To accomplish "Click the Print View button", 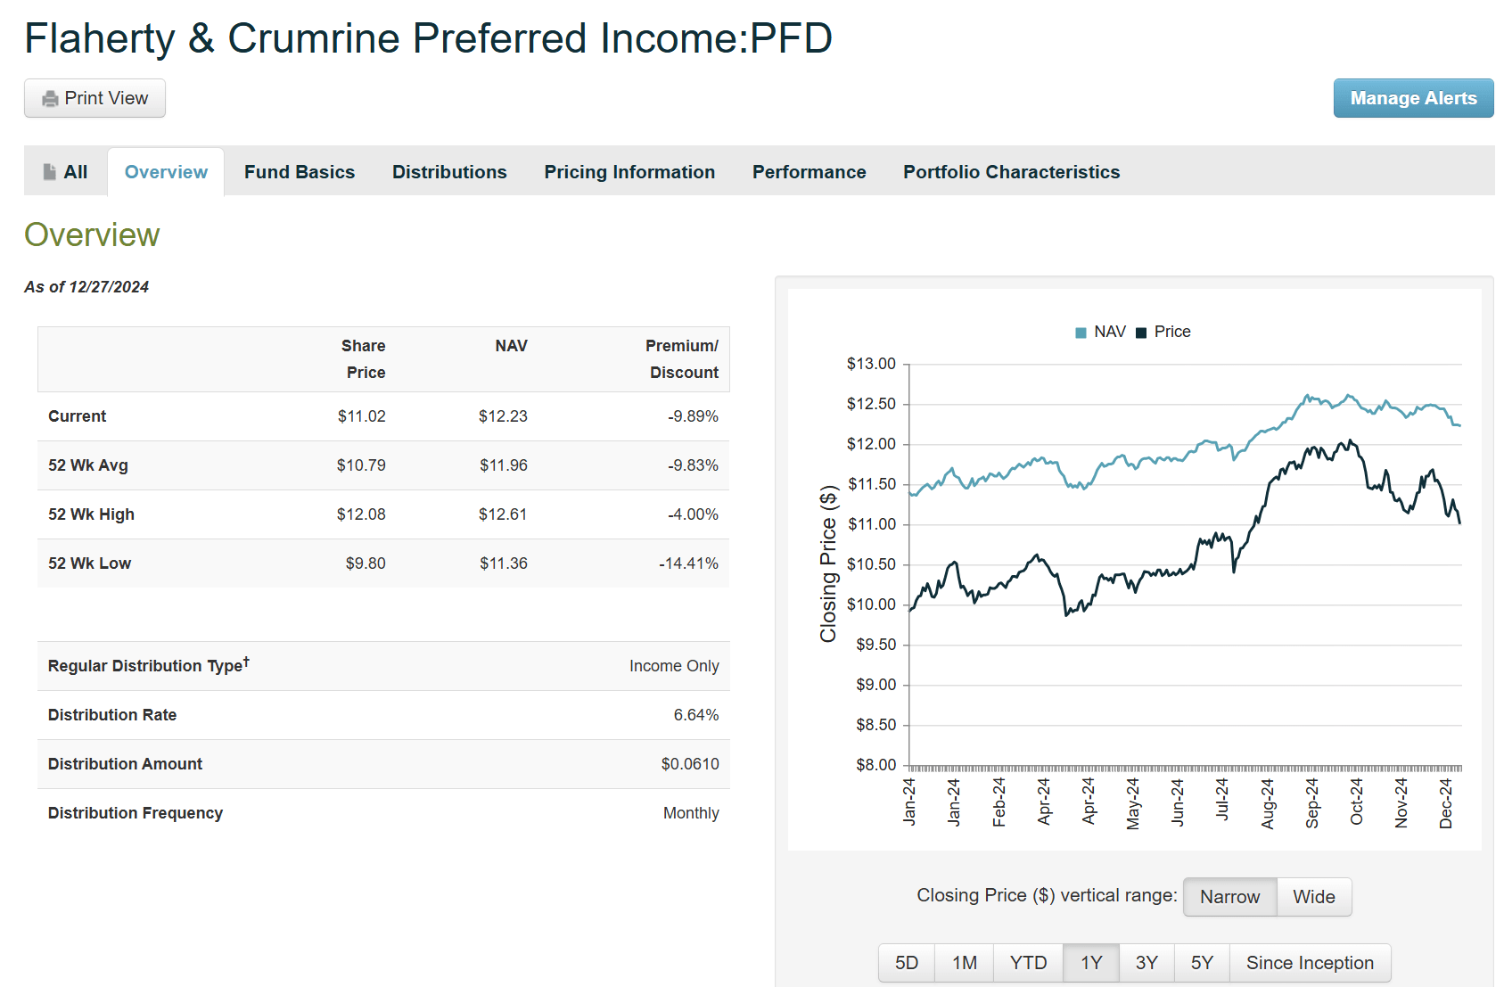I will (x=95, y=98).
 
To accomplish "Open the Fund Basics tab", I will (x=299, y=172).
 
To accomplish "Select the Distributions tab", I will (x=449, y=172).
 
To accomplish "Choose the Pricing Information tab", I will (x=629, y=172).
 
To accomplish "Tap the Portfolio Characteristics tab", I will (x=1011, y=172).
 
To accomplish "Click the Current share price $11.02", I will (x=361, y=416).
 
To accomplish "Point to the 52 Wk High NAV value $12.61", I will (x=503, y=514).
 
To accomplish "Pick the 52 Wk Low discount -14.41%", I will (x=688, y=563).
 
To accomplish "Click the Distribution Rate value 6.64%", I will (x=695, y=715).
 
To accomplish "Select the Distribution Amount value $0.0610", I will (x=689, y=764).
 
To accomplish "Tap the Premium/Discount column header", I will (x=683, y=358).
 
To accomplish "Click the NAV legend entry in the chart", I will (x=1101, y=332).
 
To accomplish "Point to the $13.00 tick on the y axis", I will (x=871, y=364).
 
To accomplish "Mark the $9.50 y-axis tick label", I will (x=875, y=645).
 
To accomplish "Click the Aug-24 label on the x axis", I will (x=1268, y=803).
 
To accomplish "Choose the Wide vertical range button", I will (x=1313, y=897).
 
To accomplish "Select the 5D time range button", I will (x=907, y=963).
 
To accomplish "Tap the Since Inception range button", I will (x=1309, y=963).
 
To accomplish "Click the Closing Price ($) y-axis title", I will (x=828, y=564).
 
